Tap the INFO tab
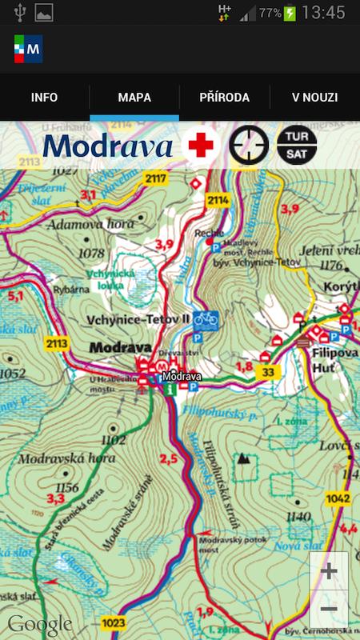[x=45, y=98]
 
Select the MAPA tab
[x=134, y=98]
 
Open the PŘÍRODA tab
[x=225, y=98]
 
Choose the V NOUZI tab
[x=314, y=98]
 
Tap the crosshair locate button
[x=249, y=146]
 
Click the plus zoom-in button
[x=328, y=572]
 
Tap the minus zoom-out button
[x=328, y=610]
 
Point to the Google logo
[x=40, y=623]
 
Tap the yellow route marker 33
[x=268, y=372]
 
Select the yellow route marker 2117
[x=157, y=178]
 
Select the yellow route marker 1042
[x=338, y=498]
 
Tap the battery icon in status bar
[x=289, y=13]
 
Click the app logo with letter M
[x=28, y=49]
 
